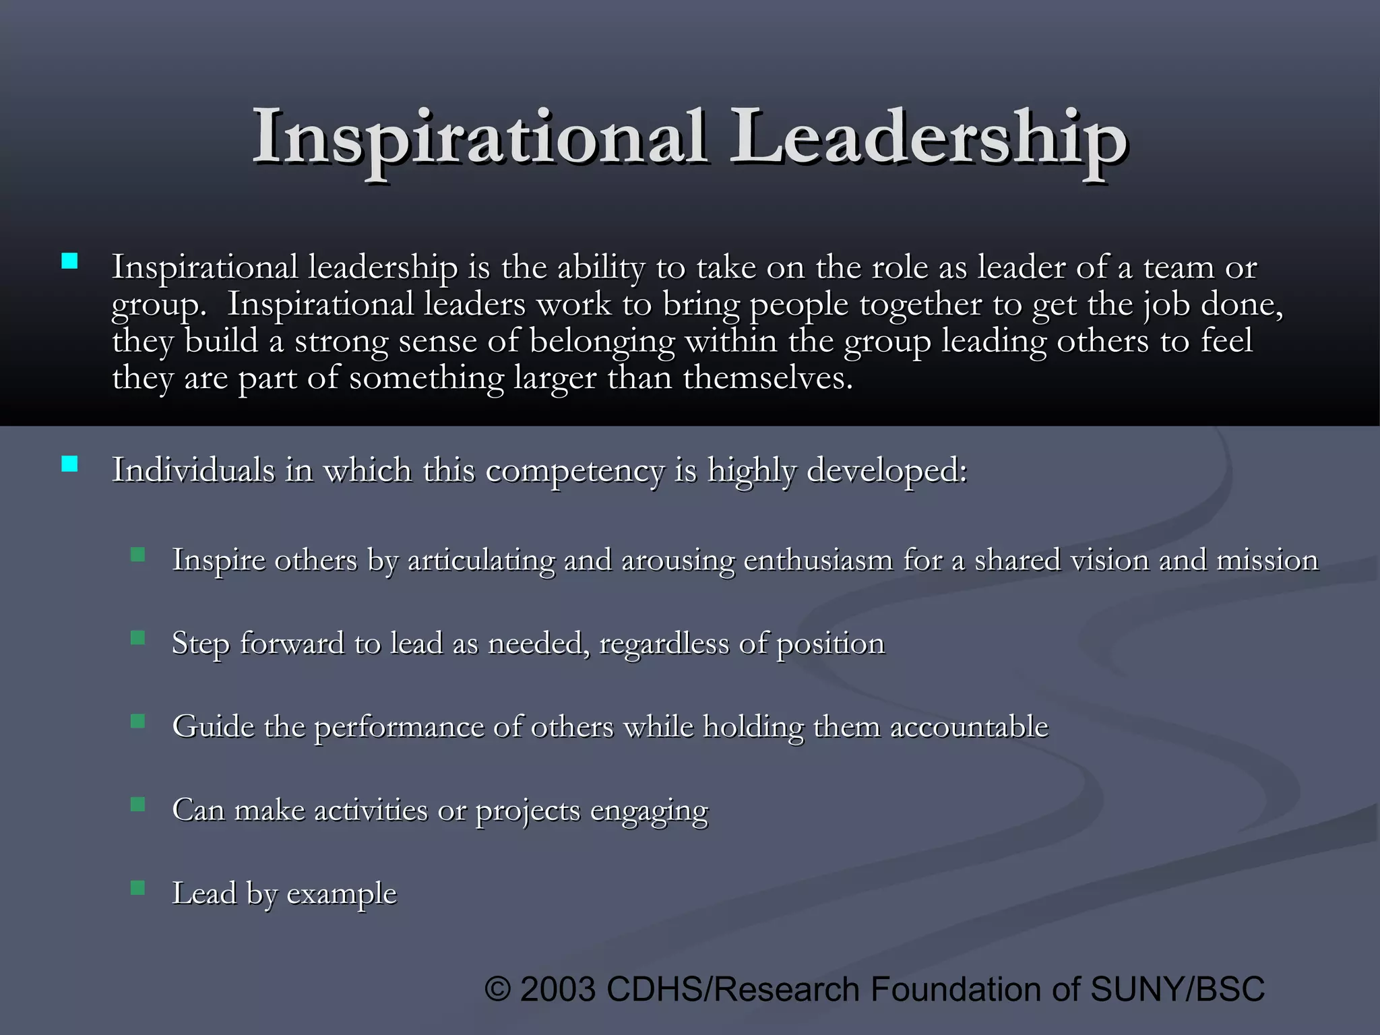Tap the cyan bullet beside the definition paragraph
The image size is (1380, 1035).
pos(69,261)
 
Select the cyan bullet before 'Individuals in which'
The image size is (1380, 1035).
pos(69,464)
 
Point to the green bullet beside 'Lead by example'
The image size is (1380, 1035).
pos(138,887)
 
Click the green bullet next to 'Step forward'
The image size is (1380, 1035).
pos(138,637)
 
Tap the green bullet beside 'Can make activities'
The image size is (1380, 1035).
pos(138,804)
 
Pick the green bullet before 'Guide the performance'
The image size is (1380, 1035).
pos(138,721)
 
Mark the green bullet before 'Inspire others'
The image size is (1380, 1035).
pos(138,555)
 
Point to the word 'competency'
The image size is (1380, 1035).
pos(574,471)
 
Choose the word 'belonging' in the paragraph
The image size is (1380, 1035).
pos(602,342)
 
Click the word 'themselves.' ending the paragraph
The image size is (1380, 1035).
pos(767,378)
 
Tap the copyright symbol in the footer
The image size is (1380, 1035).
pos(498,990)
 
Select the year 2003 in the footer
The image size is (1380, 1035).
pos(558,990)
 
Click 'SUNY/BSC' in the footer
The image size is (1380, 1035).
pos(1177,990)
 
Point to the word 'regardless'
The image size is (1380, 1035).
pos(664,644)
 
